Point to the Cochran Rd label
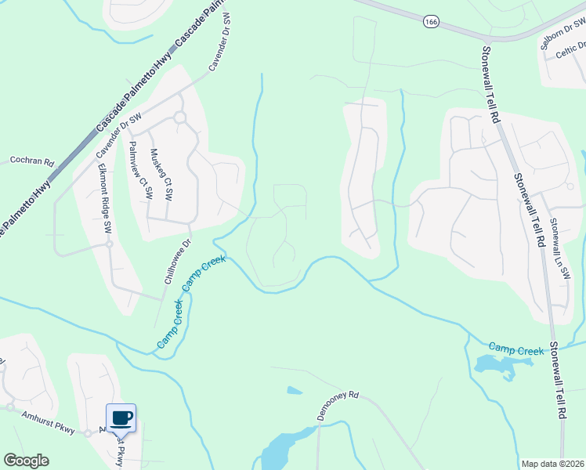31,161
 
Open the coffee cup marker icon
121,418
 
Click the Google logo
26,461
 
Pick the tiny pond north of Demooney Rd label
295,390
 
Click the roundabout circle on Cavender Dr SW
179,117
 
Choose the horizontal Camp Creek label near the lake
516,349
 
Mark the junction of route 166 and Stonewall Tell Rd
487,38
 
